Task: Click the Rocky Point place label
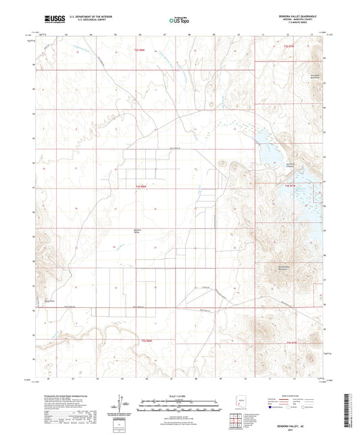tap(48, 301)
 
